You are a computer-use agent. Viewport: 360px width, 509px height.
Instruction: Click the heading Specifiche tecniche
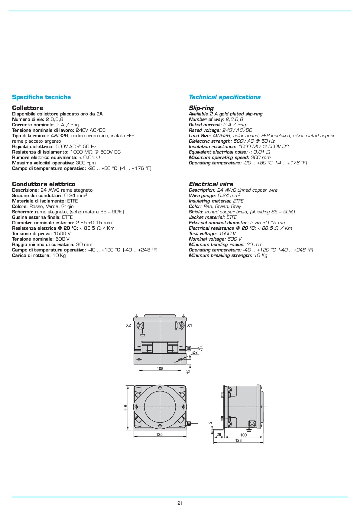point(41,97)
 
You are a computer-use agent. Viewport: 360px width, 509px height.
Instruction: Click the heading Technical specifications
point(225,97)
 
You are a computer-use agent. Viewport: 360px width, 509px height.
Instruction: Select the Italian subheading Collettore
point(28,108)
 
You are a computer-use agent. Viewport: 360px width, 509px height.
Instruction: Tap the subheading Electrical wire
point(211,184)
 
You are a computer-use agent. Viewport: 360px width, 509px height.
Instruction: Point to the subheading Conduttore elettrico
point(44,184)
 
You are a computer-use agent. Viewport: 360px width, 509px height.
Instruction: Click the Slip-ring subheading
point(201,108)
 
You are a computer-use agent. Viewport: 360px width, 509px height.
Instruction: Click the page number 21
point(180,503)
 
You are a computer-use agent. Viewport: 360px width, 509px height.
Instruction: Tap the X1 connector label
point(190,326)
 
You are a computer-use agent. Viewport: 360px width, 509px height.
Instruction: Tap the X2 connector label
point(128,326)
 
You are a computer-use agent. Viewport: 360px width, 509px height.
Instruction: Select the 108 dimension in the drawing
point(160,368)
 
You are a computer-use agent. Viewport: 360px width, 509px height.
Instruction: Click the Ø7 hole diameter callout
point(195,352)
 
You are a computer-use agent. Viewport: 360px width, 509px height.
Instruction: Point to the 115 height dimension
point(126,408)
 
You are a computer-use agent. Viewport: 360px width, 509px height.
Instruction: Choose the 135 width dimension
point(159,434)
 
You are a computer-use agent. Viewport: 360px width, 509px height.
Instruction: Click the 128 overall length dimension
point(238,440)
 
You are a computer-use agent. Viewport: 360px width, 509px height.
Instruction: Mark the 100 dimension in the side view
point(243,435)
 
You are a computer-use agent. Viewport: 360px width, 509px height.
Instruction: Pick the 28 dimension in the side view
point(219,435)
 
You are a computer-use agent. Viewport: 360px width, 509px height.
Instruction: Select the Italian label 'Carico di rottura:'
point(31,255)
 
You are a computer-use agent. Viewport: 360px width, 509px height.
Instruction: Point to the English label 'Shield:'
point(196,212)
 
